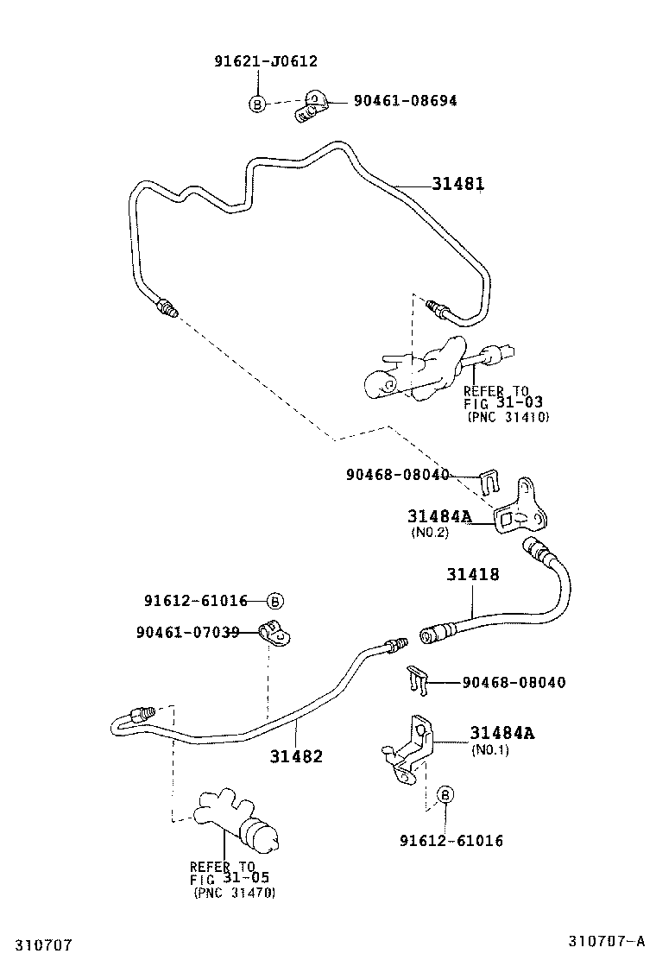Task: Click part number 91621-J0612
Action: tap(266, 61)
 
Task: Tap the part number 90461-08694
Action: tap(405, 101)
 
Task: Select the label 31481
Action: tap(458, 184)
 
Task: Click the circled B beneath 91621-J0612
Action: tap(257, 104)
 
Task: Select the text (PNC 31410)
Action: tap(508, 417)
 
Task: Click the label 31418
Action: tap(472, 574)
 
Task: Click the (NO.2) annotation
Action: tap(429, 533)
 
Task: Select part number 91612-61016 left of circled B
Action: tap(196, 601)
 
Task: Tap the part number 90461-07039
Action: tap(187, 633)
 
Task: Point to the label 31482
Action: tap(295, 756)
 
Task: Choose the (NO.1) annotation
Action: tap(490, 750)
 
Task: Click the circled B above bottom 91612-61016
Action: tap(445, 795)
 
